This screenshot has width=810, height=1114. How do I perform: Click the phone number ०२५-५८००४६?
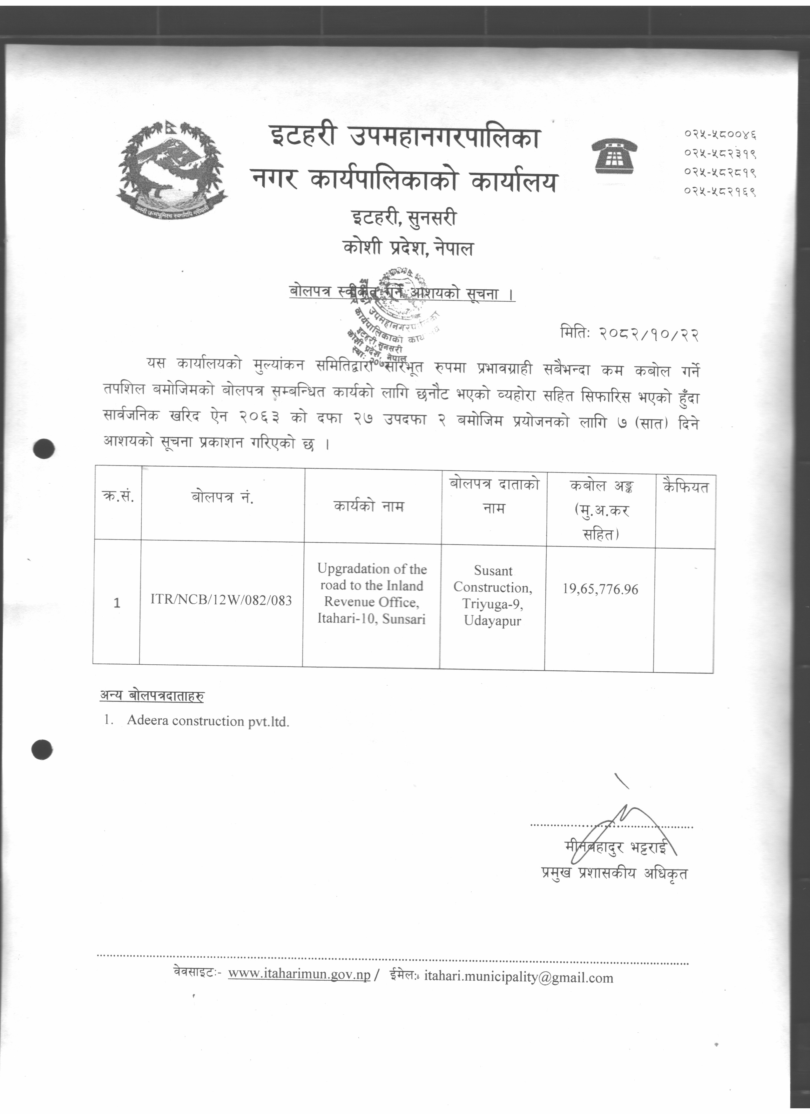[720, 134]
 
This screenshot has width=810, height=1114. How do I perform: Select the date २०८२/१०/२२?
[648, 334]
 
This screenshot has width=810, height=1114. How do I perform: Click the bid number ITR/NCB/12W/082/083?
[221, 600]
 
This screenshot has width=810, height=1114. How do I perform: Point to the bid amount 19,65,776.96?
[600, 589]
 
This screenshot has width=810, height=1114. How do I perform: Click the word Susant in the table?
[493, 571]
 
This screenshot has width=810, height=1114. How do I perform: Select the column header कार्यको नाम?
[369, 506]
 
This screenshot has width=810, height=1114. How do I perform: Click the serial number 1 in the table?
[117, 603]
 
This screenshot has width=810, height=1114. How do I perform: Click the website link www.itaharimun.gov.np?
[299, 974]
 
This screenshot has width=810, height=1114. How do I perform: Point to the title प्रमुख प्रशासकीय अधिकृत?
[614, 873]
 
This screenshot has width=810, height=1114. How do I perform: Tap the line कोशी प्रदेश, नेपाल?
[408, 248]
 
